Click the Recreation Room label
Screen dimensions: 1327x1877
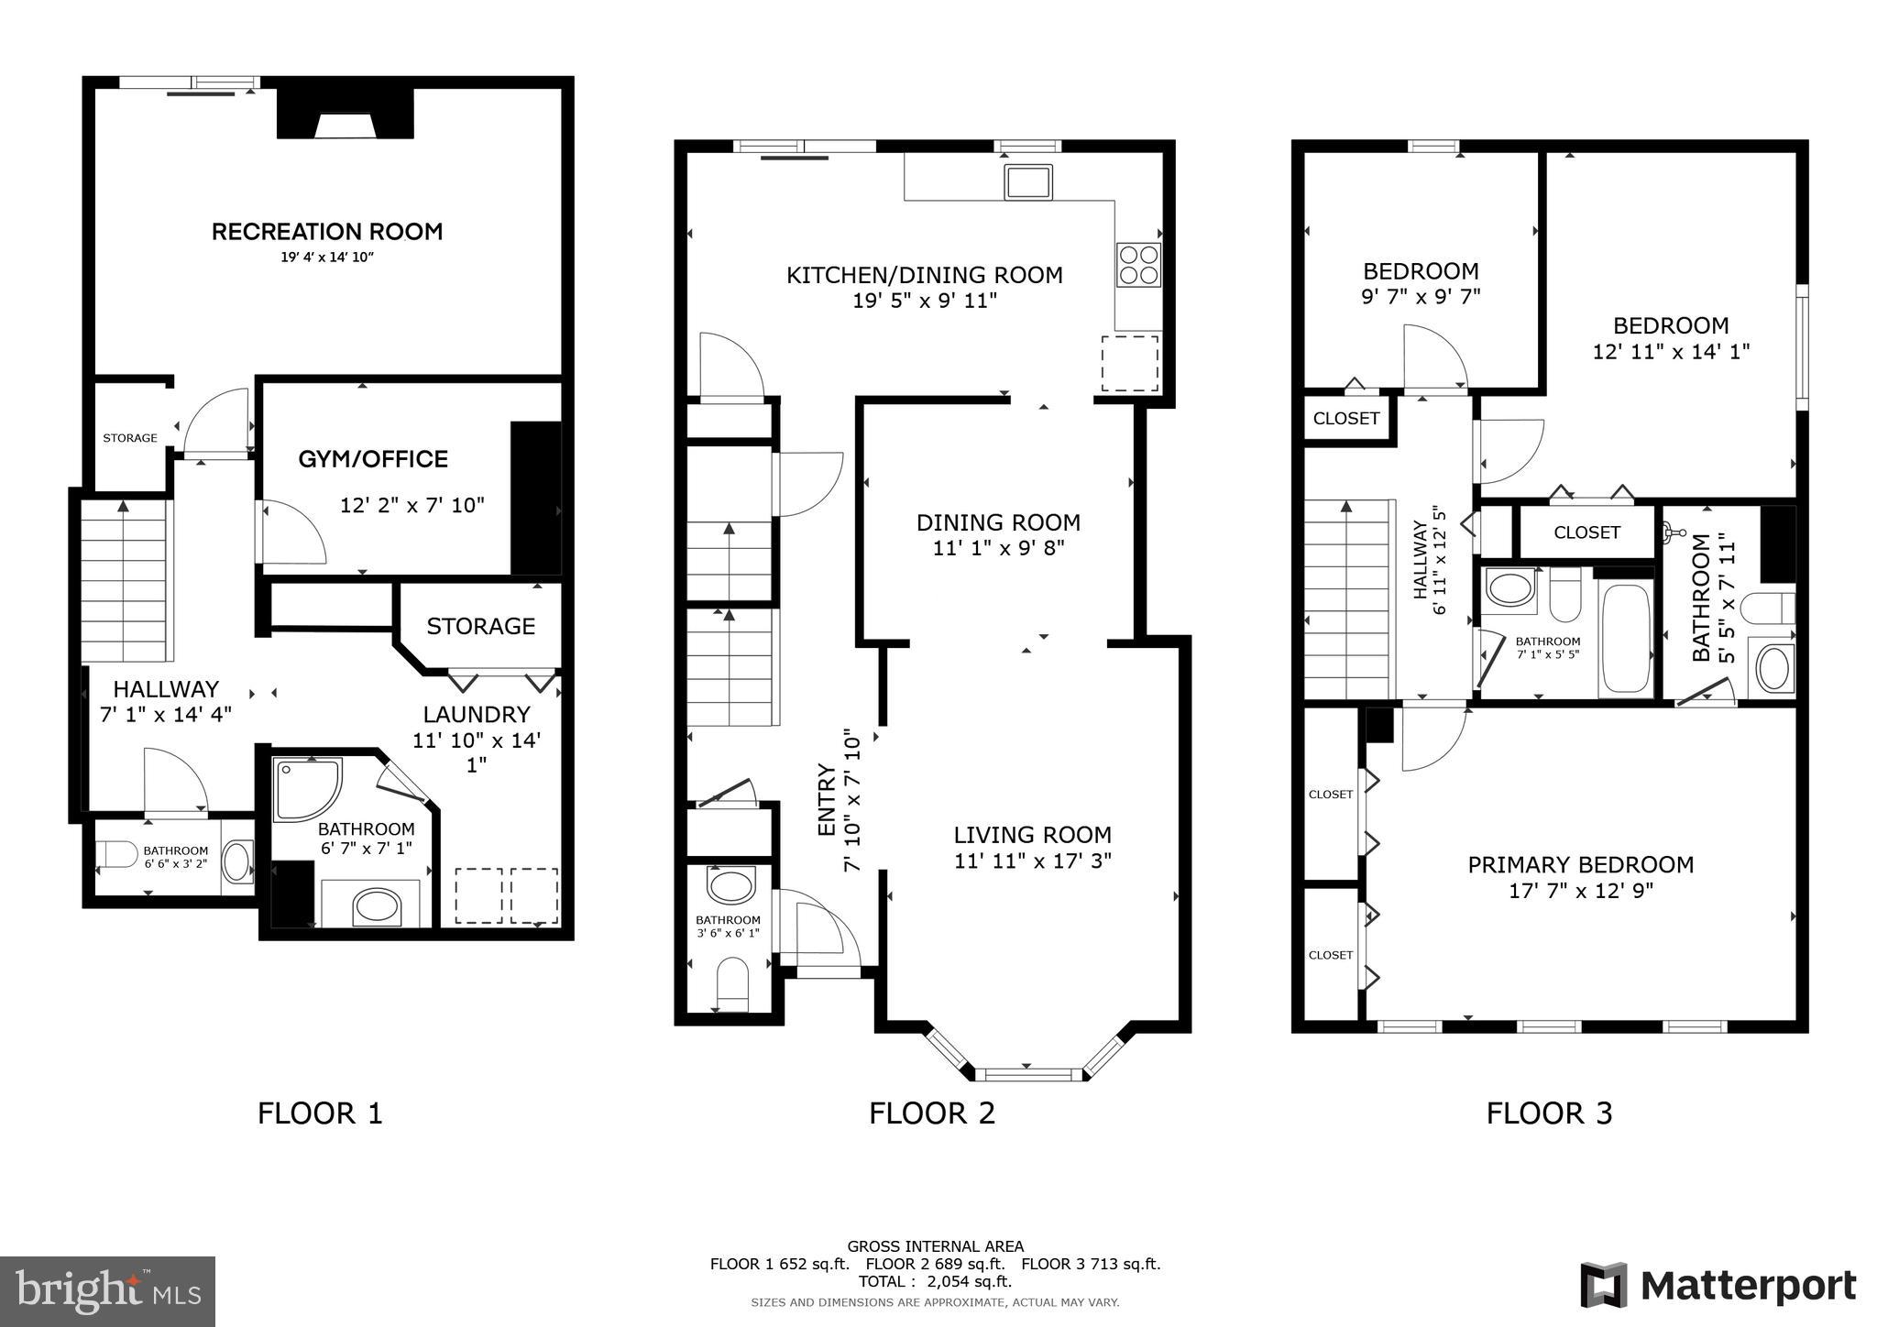click(x=327, y=232)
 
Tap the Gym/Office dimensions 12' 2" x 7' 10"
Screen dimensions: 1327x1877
click(x=412, y=505)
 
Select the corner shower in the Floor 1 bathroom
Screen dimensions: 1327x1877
click(x=305, y=788)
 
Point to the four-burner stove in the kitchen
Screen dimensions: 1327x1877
click(x=1138, y=264)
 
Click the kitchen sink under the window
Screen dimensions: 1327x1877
click(x=1027, y=181)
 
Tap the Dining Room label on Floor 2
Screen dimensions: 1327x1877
click(x=998, y=522)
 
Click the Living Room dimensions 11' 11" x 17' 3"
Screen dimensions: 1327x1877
click(x=1032, y=861)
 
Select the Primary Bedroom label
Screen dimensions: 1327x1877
click(x=1580, y=864)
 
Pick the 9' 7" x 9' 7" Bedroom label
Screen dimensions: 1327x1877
click(x=1421, y=271)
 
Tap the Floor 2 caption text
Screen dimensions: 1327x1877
click(x=931, y=1113)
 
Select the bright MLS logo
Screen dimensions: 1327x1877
click(x=107, y=1291)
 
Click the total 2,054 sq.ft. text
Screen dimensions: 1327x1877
click(x=935, y=1281)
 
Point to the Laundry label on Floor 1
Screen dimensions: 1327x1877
click(x=476, y=714)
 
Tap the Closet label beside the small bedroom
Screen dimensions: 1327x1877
click(x=1345, y=419)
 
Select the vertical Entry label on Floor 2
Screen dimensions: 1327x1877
click(x=826, y=799)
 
